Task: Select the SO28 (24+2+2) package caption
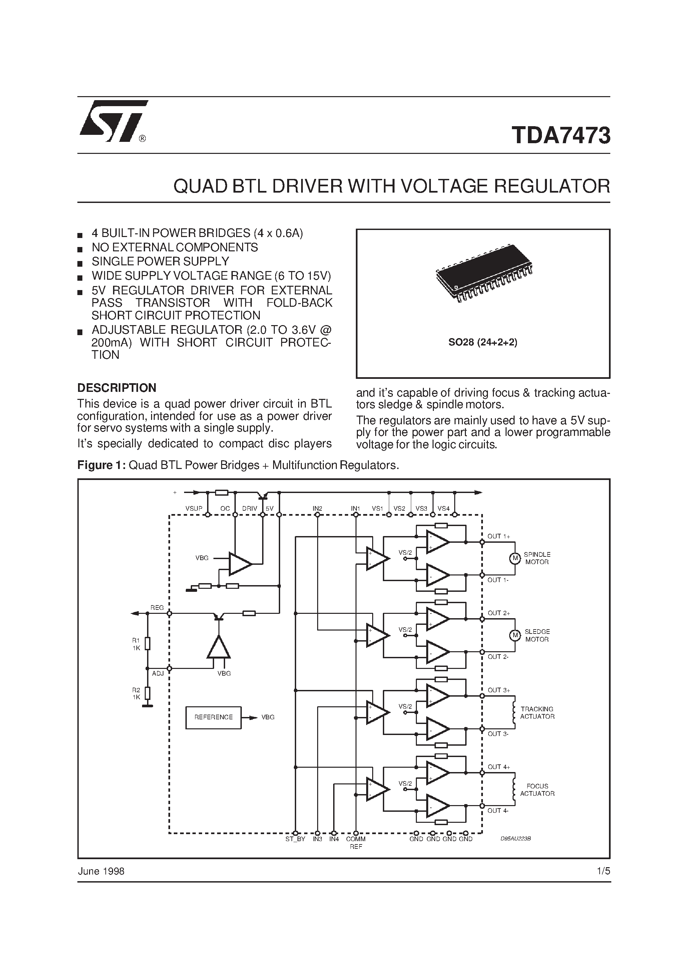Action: pyautogui.click(x=483, y=342)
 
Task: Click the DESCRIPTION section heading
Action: pyautogui.click(x=117, y=388)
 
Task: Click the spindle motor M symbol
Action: pyautogui.click(x=515, y=558)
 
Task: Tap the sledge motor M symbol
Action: pyautogui.click(x=515, y=636)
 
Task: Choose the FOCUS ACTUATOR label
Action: pyautogui.click(x=537, y=790)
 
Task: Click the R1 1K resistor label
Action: pyautogui.click(x=136, y=644)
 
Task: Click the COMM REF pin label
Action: pyautogui.click(x=356, y=843)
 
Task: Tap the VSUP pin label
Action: pyautogui.click(x=194, y=508)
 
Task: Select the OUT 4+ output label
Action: pyautogui.click(x=499, y=767)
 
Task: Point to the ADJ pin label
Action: pyautogui.click(x=158, y=673)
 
